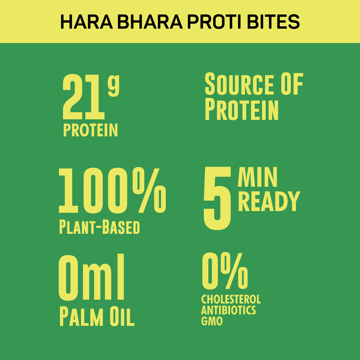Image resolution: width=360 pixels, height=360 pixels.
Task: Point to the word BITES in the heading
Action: coord(275,21)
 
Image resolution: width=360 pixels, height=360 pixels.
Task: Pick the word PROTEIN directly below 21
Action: coord(90,130)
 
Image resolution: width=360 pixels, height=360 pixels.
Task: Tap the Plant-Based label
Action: coord(99,227)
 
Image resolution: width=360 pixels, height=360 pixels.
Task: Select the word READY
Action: coord(269,201)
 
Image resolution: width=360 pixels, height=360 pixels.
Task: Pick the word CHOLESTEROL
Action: coord(231,299)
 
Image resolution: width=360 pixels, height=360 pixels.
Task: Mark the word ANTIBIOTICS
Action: coord(228,310)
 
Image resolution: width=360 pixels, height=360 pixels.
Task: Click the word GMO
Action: coord(212,321)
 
